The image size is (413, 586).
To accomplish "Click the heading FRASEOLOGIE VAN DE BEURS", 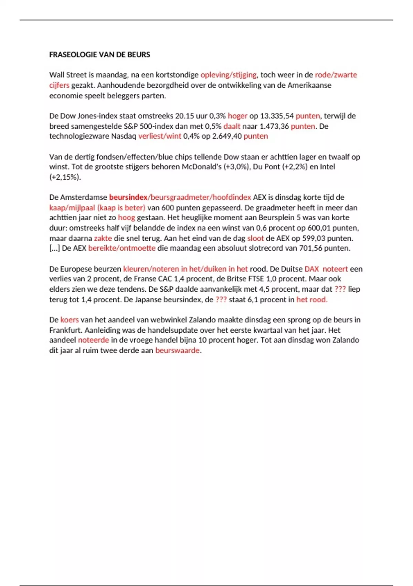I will click(99, 54).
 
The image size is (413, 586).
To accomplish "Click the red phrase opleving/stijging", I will click(229, 75).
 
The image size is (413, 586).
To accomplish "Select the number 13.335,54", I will click(275, 116).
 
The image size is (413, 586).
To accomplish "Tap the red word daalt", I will click(232, 126).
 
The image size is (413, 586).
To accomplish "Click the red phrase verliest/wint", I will click(160, 136).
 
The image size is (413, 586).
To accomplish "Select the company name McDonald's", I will click(201, 167).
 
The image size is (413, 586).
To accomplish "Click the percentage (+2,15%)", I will click(65, 177).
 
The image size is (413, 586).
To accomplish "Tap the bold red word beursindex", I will click(128, 198).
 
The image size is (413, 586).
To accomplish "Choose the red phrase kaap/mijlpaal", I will click(72, 208).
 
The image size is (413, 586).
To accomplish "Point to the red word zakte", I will click(103, 238).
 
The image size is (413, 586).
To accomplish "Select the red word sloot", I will click(255, 238).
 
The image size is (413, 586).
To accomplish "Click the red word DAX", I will click(312, 269).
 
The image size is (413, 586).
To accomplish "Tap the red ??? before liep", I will click(340, 289).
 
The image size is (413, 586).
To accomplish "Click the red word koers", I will click(70, 320).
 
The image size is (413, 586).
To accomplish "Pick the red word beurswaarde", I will click(177, 351).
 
